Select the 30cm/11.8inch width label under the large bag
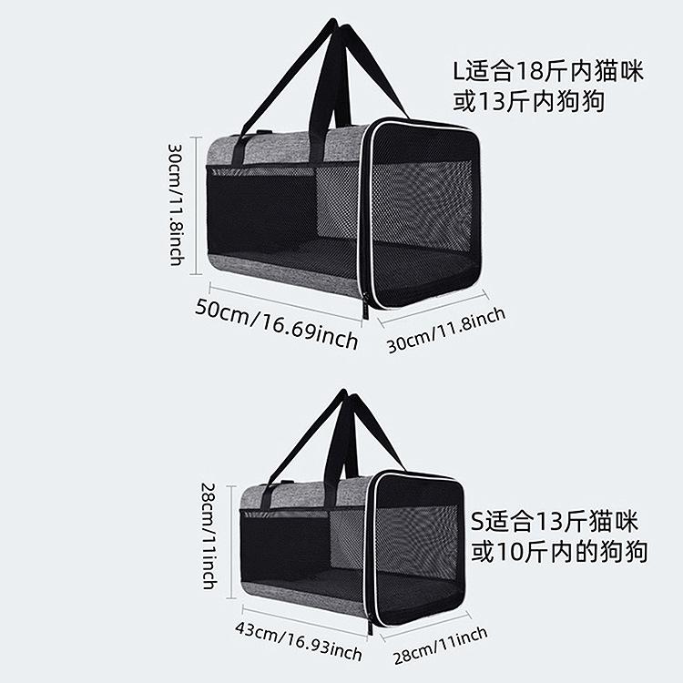pyautogui.click(x=446, y=329)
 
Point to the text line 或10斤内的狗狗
pyautogui.click(x=559, y=552)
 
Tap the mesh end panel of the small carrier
pyautogui.click(x=418, y=546)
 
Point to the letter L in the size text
pyautogui.click(x=460, y=72)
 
